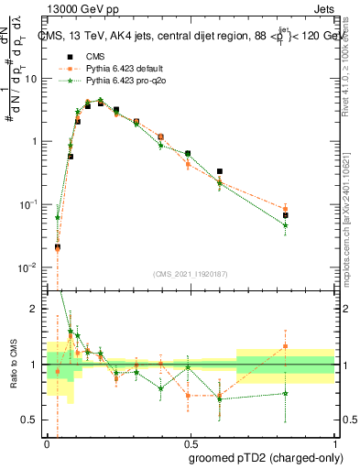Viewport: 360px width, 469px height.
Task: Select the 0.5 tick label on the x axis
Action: coord(190,442)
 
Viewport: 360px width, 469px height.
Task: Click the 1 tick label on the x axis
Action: coord(334,442)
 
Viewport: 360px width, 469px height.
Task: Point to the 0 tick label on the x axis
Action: coord(46,442)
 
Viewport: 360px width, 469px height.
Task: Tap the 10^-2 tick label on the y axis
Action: coord(29,267)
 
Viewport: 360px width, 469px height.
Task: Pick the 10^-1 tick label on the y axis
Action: coord(29,204)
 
